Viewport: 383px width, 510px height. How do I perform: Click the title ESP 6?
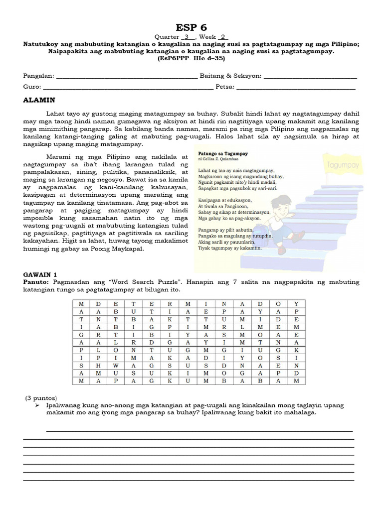click(x=191, y=27)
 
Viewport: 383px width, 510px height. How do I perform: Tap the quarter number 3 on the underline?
click(x=186, y=37)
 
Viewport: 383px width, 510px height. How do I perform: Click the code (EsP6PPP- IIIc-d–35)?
click(x=191, y=58)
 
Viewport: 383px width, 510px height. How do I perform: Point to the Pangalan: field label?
click(x=39, y=76)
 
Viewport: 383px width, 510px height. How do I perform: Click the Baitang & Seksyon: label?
click(x=230, y=76)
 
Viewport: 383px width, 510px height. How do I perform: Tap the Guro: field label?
click(x=32, y=87)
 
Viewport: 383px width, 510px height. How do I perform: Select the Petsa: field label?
click(x=224, y=87)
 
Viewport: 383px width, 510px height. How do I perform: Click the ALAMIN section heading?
click(x=39, y=100)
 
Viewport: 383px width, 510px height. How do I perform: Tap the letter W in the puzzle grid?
click(x=115, y=365)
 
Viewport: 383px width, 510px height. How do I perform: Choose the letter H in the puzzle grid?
click(x=97, y=365)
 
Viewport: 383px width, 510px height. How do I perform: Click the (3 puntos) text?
click(x=41, y=398)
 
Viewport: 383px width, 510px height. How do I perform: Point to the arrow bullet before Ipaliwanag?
click(x=37, y=405)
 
